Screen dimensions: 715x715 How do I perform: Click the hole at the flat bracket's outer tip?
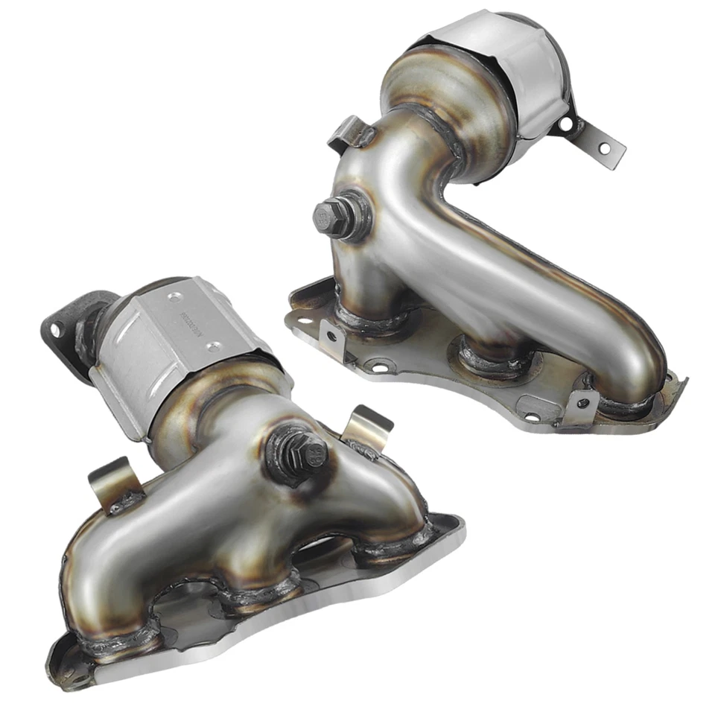604,149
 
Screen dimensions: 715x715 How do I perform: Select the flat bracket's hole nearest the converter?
568,121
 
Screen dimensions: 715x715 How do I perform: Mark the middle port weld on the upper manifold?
498,355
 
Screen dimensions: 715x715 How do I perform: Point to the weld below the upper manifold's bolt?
372,317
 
